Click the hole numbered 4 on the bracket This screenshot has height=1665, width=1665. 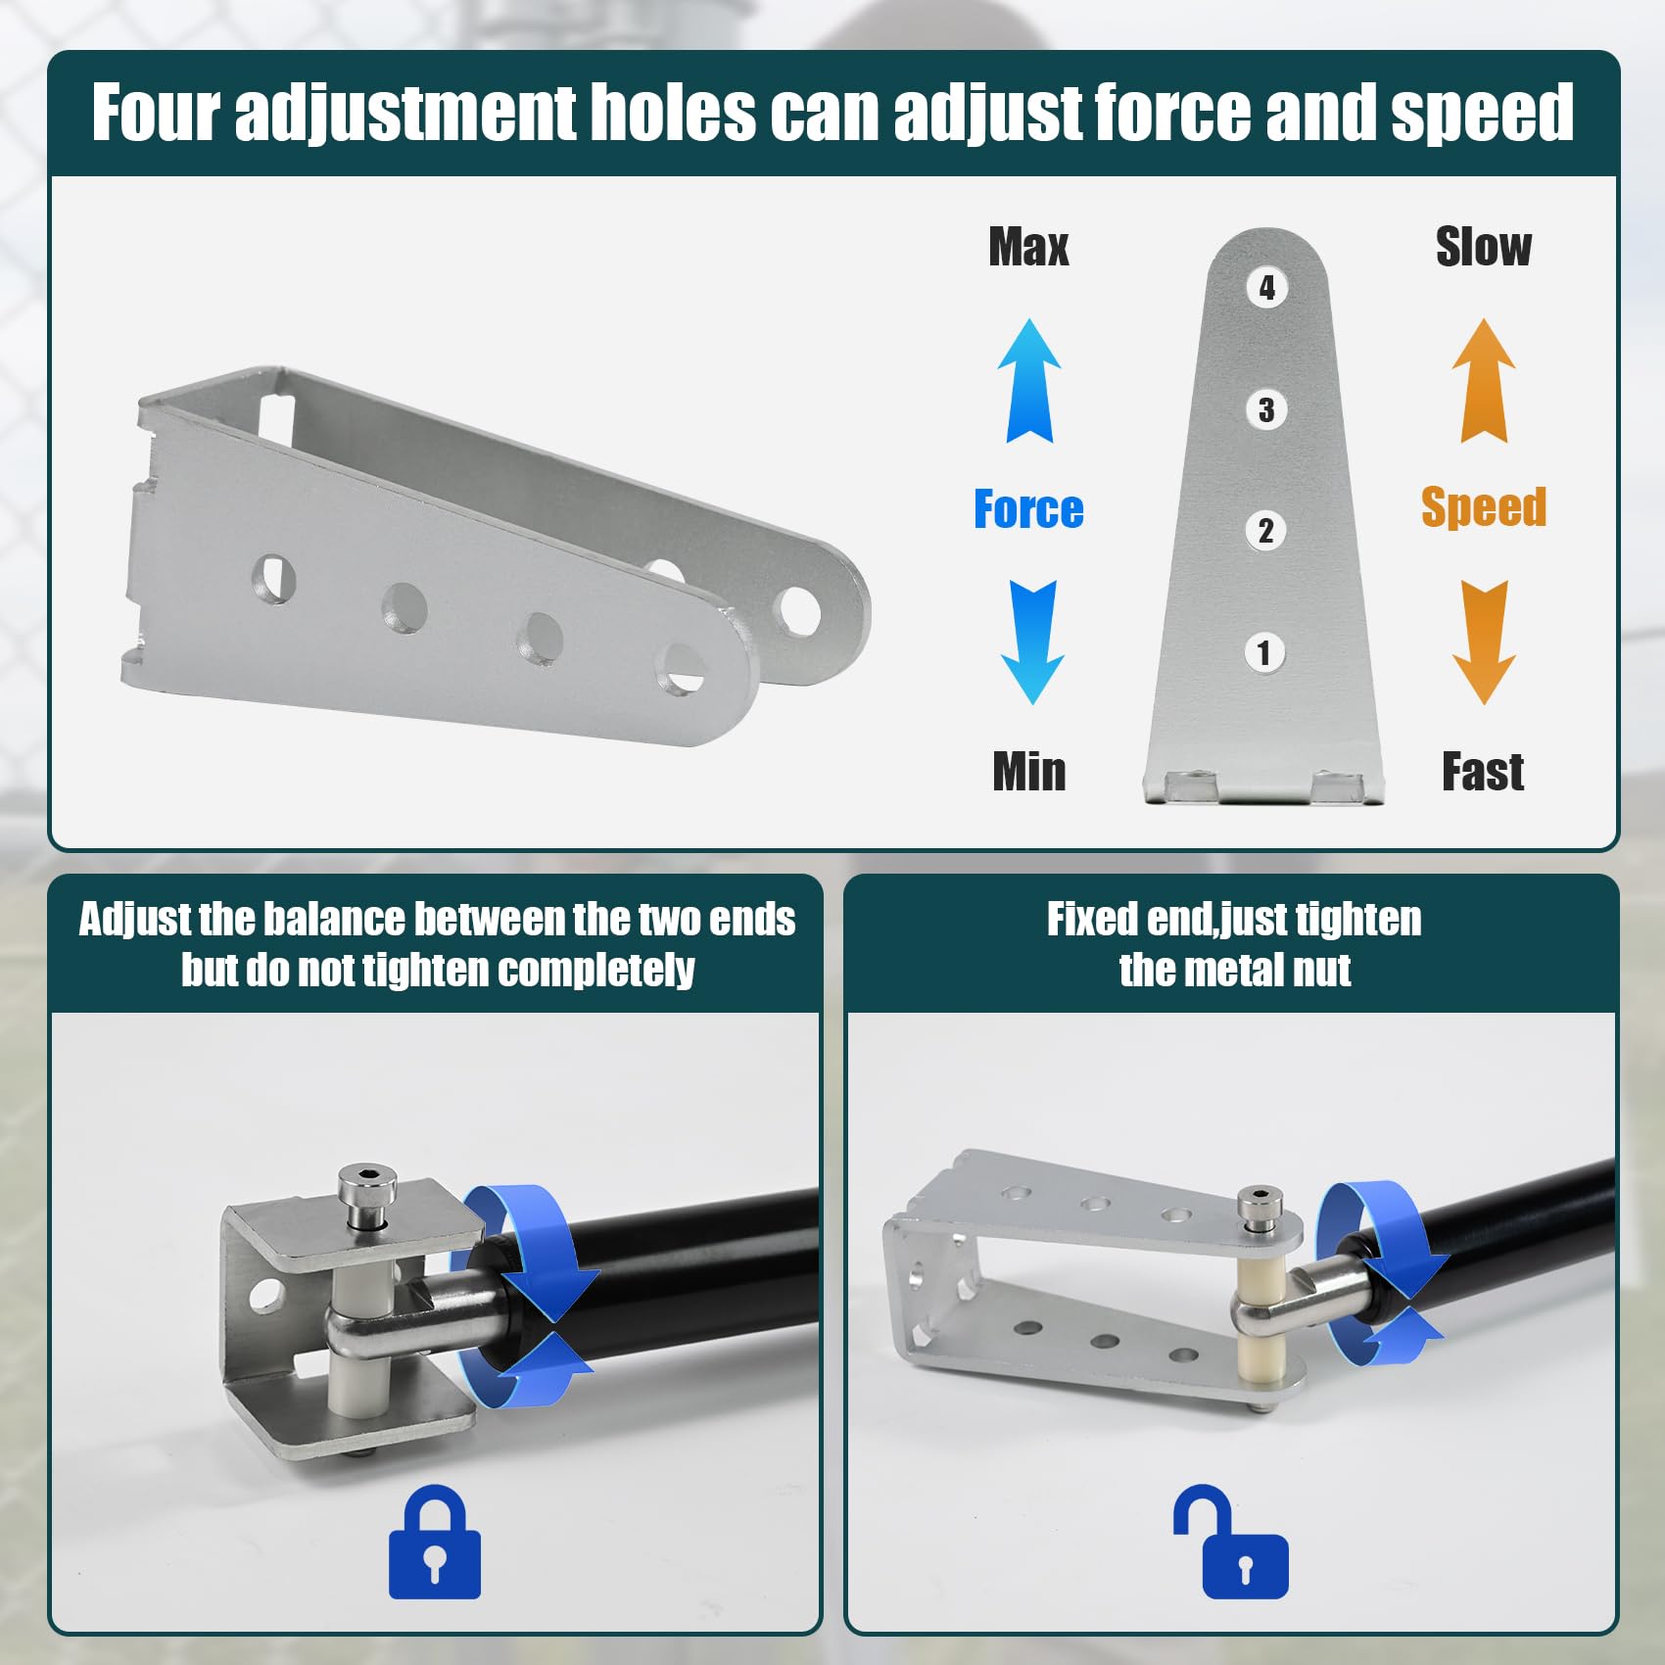point(1266,288)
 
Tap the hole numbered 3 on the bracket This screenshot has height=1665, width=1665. point(1266,409)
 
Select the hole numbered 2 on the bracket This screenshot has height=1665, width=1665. point(1265,531)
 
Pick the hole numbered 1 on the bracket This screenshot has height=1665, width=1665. point(1264,652)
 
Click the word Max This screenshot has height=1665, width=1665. point(1028,247)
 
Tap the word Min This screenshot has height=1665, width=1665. point(1028,771)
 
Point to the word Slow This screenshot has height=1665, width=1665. point(1483,247)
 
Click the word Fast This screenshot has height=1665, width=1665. point(1483,771)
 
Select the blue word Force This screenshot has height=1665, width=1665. point(1028,509)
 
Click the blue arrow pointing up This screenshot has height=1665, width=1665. point(1029,381)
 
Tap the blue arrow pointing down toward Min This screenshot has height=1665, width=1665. point(1032,642)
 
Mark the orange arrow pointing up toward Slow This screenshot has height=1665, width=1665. point(1484,381)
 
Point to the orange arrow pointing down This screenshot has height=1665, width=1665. point(1485,642)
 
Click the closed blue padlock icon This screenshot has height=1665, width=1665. point(435,1542)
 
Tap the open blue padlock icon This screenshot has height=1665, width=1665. point(1232,1542)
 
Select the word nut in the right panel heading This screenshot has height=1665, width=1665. point(1320,971)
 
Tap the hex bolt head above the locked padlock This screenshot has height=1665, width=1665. point(366,1187)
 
